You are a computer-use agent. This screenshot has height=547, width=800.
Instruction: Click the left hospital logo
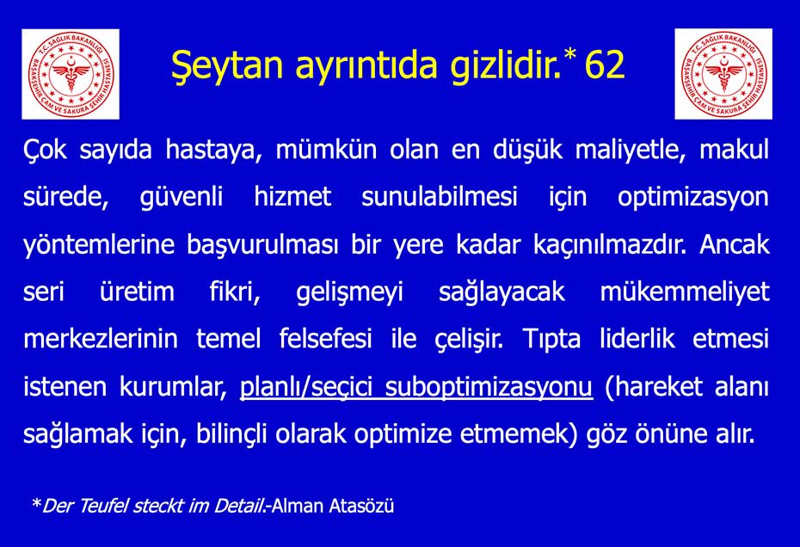tap(69, 74)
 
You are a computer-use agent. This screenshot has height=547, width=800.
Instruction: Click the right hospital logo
tap(723, 74)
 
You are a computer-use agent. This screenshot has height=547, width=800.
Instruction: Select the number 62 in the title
tap(604, 65)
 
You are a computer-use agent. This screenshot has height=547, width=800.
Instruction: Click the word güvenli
tap(181, 197)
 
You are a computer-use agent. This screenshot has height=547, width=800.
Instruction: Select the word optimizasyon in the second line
tap(693, 197)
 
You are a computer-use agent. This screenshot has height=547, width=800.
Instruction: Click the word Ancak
tap(735, 245)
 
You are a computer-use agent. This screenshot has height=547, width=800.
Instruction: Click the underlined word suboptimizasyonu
tap(489, 387)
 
